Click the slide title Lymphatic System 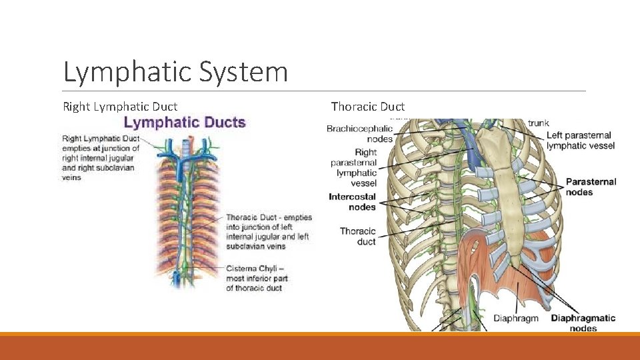[x=175, y=72]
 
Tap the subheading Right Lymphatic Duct [x=120, y=107]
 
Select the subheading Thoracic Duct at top [x=367, y=107]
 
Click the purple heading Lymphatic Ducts [x=185, y=123]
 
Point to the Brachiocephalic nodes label [x=359, y=133]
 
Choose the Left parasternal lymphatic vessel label [x=579, y=140]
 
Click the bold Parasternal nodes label [x=591, y=187]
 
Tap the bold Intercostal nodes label [x=352, y=201]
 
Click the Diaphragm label [x=515, y=319]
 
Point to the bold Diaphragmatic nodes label [x=583, y=323]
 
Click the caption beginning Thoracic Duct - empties [x=267, y=231]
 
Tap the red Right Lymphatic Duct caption [x=100, y=157]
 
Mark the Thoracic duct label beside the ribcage [x=358, y=236]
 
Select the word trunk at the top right [x=538, y=123]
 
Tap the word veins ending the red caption [x=71, y=177]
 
